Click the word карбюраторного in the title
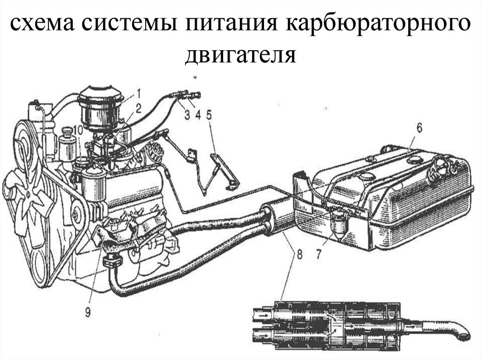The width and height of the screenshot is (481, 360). click(378, 24)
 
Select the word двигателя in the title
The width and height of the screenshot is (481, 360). click(240, 55)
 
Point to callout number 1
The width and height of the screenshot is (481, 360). click(138, 92)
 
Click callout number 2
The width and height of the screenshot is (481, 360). click(139, 108)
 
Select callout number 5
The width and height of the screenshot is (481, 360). click(209, 115)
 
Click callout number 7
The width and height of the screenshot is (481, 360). click(318, 254)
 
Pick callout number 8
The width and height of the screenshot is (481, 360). click(299, 254)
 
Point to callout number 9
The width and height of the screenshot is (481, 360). click(88, 312)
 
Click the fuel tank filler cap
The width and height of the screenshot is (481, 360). click(439, 167)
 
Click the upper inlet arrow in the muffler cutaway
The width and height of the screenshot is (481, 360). click(262, 315)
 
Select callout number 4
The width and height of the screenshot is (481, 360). click(198, 115)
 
